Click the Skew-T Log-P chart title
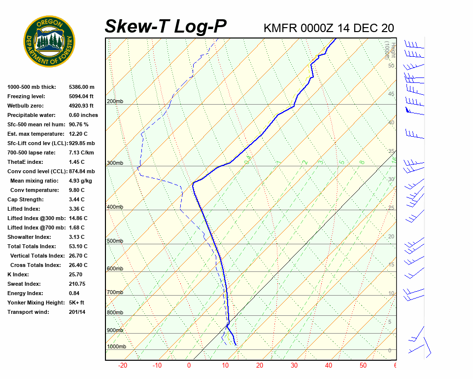click(166, 27)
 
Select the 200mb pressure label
click(115, 102)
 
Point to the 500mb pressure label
click(115, 241)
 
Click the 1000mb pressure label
click(116, 347)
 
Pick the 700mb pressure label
click(115, 293)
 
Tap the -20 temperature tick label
click(123, 366)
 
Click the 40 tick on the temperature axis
click(329, 366)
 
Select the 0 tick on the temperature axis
click(189, 366)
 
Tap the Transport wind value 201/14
click(77, 312)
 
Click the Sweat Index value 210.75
click(77, 284)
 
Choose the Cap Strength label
click(25, 199)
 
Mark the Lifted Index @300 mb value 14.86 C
click(78, 218)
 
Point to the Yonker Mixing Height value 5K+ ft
click(77, 303)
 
